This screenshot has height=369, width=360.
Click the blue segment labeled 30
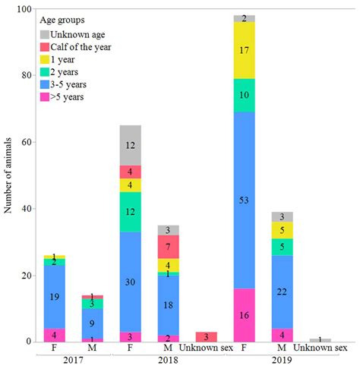click(x=130, y=282)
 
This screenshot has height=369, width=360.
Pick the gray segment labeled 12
click(x=130, y=145)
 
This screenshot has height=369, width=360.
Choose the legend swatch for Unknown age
click(x=44, y=35)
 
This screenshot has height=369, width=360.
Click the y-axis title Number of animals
click(x=9, y=175)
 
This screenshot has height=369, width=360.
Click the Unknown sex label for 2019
click(x=320, y=348)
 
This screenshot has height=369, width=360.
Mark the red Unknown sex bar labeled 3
click(x=206, y=336)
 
